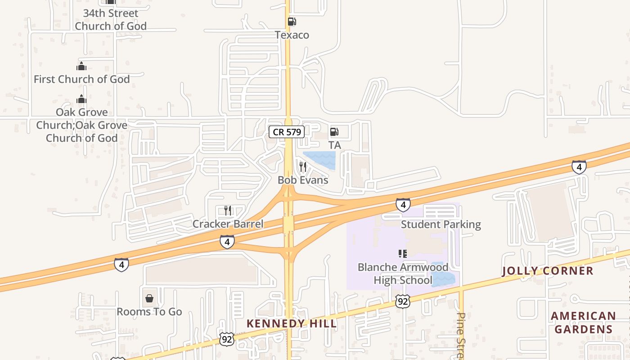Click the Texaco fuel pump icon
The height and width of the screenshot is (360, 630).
292,22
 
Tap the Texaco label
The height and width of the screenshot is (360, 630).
292,35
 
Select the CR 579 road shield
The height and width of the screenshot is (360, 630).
287,132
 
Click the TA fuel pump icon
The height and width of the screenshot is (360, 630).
334,132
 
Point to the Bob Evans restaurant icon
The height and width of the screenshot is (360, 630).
303,167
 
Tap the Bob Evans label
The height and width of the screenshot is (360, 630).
303,180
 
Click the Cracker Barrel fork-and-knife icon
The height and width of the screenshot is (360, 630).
228,211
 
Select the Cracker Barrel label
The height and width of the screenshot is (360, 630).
228,224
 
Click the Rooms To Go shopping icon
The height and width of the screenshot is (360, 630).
149,298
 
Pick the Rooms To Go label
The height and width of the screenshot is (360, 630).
149,311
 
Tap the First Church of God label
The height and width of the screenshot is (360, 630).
82,79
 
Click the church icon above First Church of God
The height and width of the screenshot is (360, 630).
81,67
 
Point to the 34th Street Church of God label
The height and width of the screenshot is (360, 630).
111,20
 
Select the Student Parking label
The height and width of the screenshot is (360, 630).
441,224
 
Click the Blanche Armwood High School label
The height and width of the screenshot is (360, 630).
403,274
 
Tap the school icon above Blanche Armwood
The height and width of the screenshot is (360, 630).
403,254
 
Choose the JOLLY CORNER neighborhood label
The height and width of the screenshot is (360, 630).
548,271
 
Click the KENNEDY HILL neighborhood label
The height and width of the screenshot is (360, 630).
292,324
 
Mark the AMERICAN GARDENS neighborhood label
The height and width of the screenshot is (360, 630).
583,322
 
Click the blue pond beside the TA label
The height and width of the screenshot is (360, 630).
320,160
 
